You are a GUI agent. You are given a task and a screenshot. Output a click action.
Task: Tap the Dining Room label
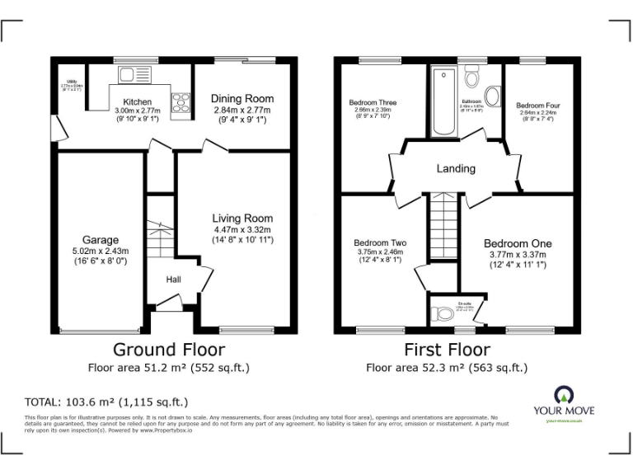[242, 99]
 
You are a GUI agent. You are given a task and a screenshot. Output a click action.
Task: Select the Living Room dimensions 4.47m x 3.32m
[242, 229]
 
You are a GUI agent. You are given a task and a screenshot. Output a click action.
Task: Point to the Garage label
[100, 241]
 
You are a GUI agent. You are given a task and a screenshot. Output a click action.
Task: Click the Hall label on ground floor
[174, 280]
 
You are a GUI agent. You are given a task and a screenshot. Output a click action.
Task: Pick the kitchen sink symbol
[132, 75]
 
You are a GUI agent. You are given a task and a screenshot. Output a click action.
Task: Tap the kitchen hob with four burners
[181, 102]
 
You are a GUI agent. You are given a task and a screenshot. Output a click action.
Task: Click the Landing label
[456, 168]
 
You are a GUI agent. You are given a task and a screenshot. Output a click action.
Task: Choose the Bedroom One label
[518, 243]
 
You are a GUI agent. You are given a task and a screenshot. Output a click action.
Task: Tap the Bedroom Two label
[380, 243]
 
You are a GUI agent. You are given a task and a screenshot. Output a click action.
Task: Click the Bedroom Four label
[538, 106]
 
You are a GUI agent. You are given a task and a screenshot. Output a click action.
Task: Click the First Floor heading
[447, 350]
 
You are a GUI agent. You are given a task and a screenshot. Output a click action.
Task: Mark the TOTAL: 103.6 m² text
[106, 402]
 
